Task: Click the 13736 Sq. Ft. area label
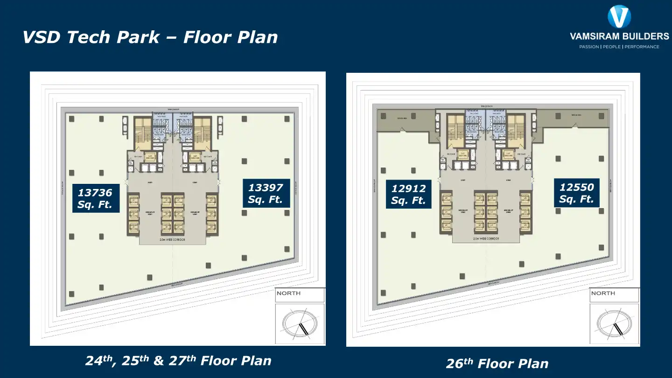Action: pyautogui.click(x=96, y=198)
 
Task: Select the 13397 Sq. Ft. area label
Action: pyautogui.click(x=266, y=194)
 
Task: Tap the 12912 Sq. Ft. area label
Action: pyautogui.click(x=409, y=195)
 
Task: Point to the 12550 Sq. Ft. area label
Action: pyautogui.click(x=577, y=193)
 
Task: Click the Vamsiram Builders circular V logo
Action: pyautogui.click(x=619, y=17)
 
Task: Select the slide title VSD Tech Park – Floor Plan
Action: pyautogui.click(x=150, y=37)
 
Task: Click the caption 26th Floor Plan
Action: pyautogui.click(x=497, y=364)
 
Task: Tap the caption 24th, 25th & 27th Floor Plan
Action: pyautogui.click(x=178, y=361)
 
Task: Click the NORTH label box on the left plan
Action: pyautogui.click(x=300, y=294)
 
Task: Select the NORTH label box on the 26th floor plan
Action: pyautogui.click(x=614, y=294)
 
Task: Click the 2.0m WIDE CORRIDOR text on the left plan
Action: pyautogui.click(x=172, y=239)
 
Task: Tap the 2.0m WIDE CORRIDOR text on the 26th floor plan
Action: pyautogui.click(x=486, y=238)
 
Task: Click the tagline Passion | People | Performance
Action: pyautogui.click(x=619, y=47)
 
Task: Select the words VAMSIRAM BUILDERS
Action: pyautogui.click(x=619, y=36)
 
